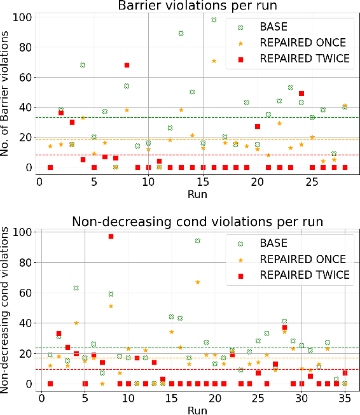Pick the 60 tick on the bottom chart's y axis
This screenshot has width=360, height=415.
click(x=25, y=293)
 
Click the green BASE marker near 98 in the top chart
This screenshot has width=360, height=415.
click(x=214, y=20)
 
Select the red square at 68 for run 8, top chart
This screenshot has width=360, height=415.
click(x=127, y=65)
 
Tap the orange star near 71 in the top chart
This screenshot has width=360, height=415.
click(x=214, y=60)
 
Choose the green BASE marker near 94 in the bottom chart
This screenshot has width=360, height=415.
click(x=198, y=241)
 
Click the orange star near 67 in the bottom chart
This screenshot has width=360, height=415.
click(x=198, y=282)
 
